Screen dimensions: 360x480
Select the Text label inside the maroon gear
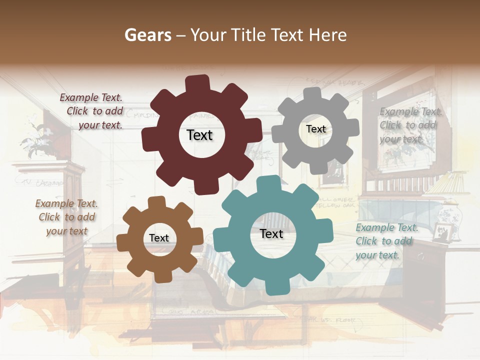pyautogui.click(x=199, y=135)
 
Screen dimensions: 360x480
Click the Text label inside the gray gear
pyautogui.click(x=315, y=129)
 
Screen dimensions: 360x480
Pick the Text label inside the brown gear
pyautogui.click(x=159, y=238)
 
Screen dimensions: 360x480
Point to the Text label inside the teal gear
pyautogui.click(x=271, y=233)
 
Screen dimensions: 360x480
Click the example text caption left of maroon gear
pyautogui.click(x=92, y=111)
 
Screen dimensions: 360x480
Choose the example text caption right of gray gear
pyautogui.click(x=408, y=125)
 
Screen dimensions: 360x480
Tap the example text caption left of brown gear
pyautogui.click(x=66, y=217)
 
